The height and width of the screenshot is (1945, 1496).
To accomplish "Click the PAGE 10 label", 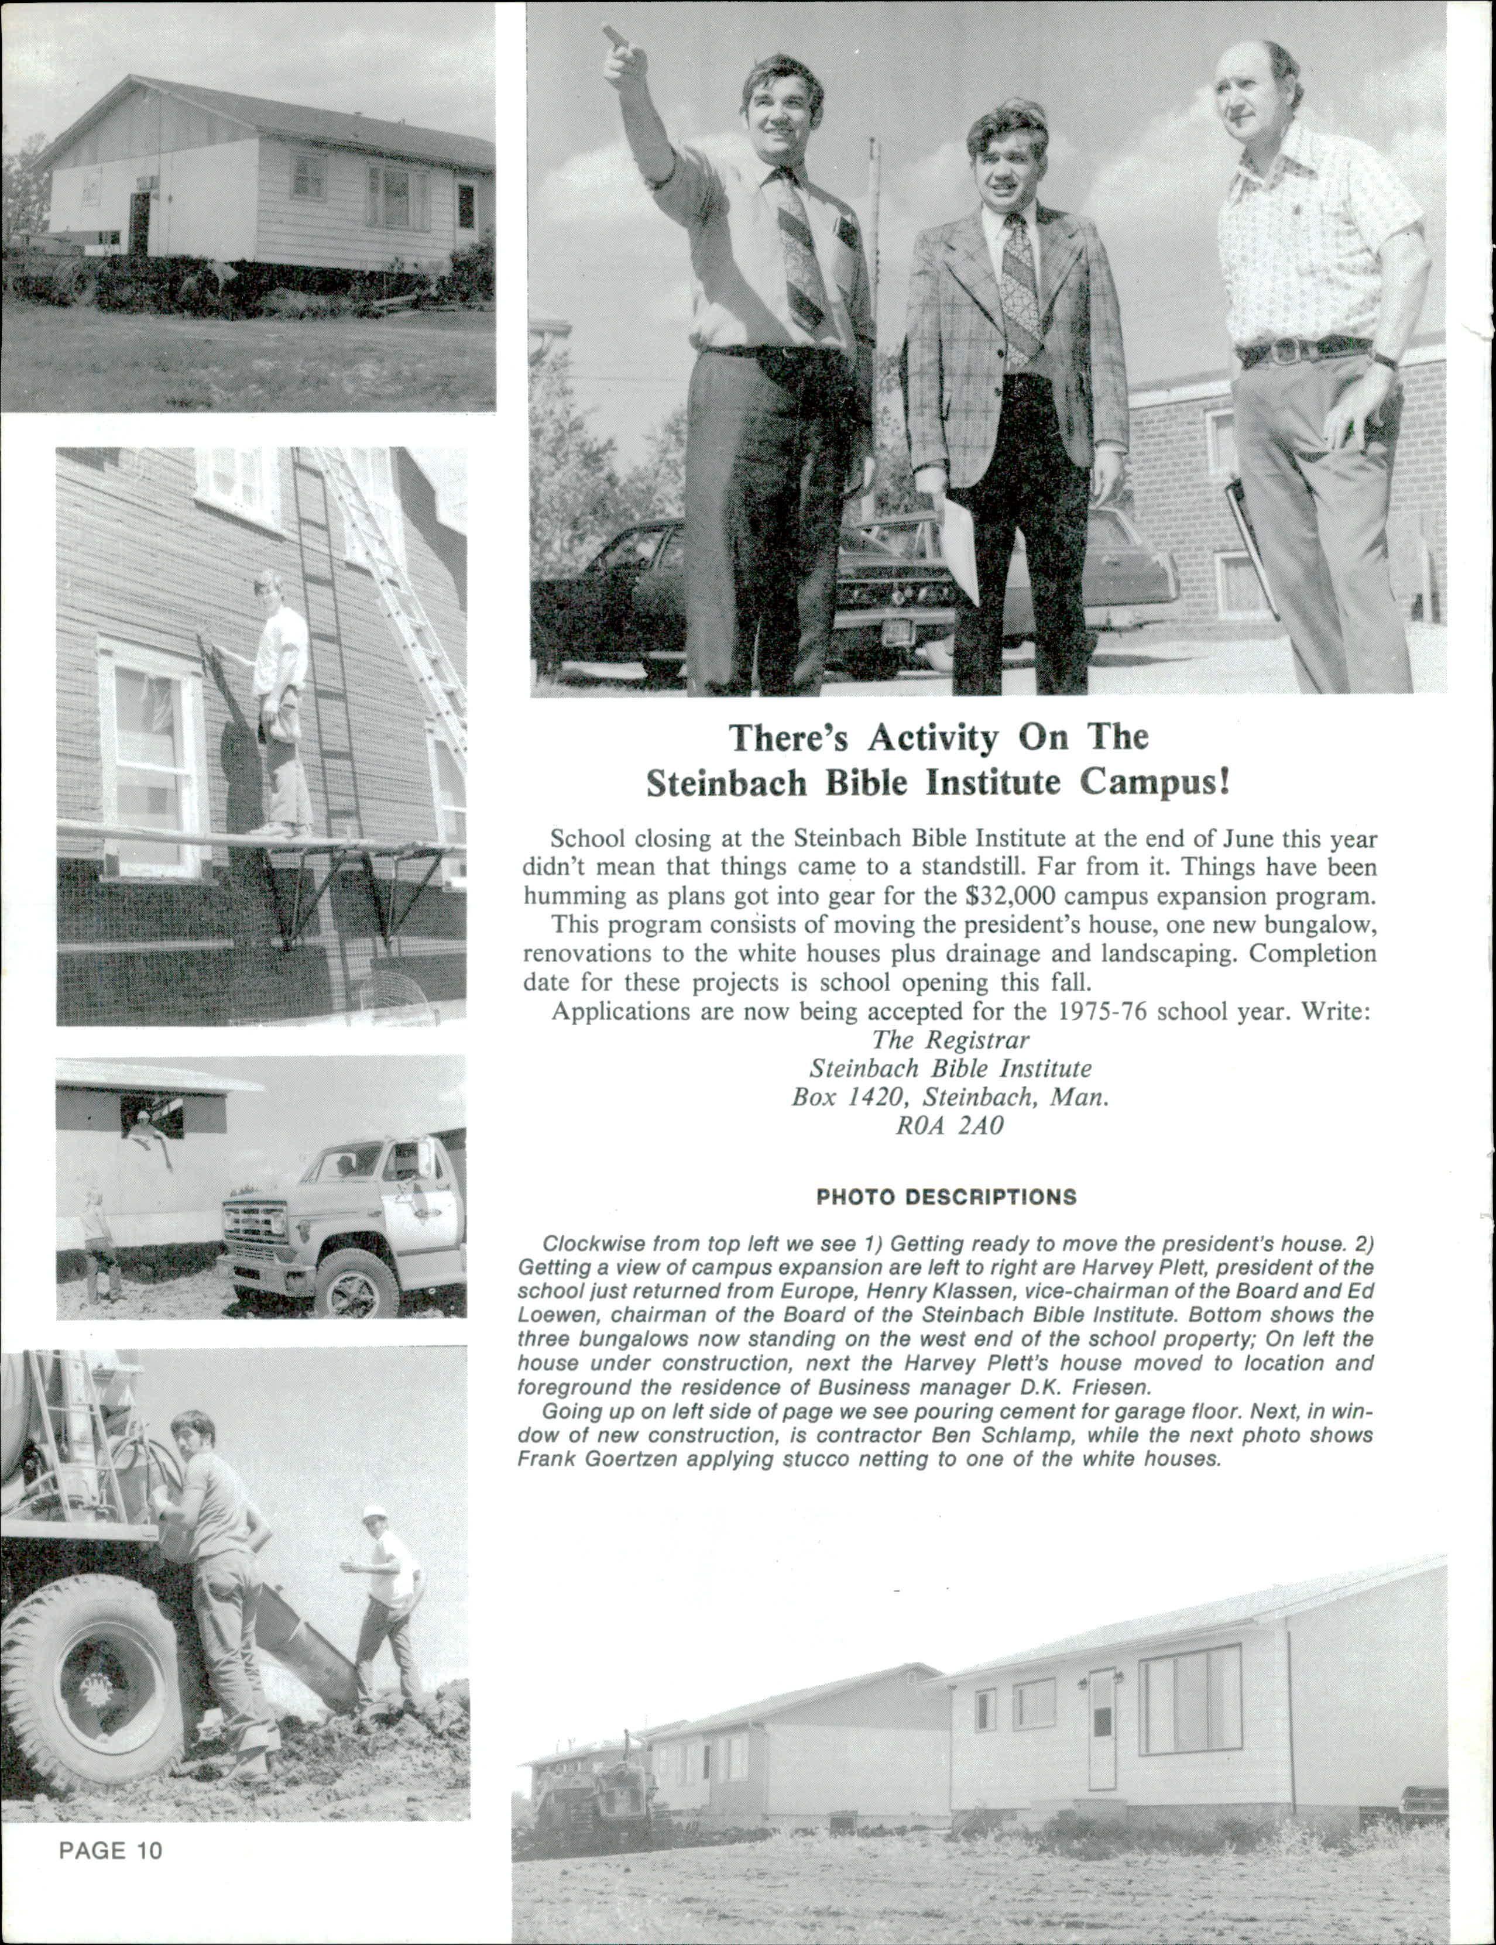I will tap(111, 1851).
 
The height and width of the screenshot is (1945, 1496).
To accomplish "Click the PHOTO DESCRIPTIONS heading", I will tap(946, 1197).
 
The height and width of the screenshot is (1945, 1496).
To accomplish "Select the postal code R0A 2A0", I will tap(949, 1126).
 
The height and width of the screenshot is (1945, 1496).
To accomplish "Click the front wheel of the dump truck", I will tap(355, 1284).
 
